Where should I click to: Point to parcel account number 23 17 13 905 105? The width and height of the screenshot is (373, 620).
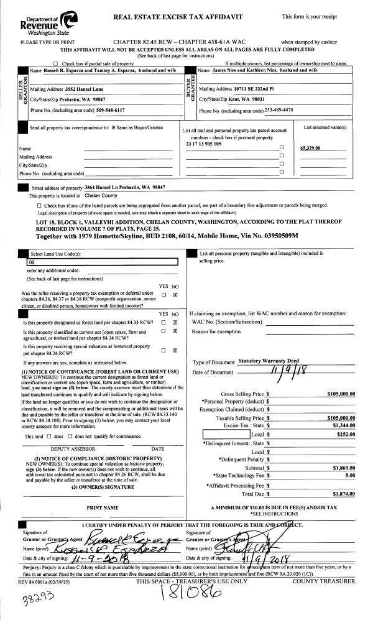coord(203,144)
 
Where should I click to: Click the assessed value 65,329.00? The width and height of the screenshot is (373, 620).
coord(314,149)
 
